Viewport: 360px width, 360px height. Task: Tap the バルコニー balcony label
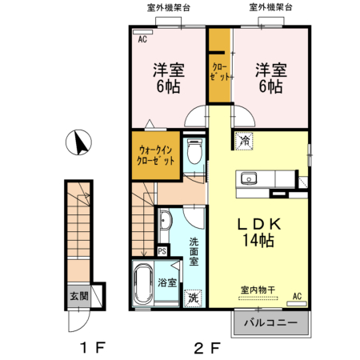(270, 325)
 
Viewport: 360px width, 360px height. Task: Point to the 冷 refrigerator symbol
(242, 142)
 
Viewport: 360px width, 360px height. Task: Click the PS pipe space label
(162, 251)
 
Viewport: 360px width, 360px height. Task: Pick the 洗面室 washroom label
(194, 250)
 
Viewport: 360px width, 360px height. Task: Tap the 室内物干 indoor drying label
(256, 290)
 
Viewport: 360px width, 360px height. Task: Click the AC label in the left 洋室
(143, 38)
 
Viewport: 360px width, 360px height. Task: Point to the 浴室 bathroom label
(167, 282)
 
